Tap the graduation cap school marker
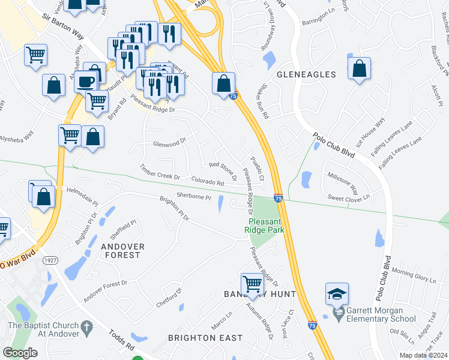[337, 294]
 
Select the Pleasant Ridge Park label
[264, 225]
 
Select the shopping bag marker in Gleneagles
[359, 70]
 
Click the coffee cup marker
[86, 81]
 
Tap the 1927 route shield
[50, 259]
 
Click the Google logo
[20, 353]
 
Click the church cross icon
[87, 328]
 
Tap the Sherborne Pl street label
[194, 196]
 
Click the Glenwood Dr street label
[169, 144]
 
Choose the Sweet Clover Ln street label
[348, 197]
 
